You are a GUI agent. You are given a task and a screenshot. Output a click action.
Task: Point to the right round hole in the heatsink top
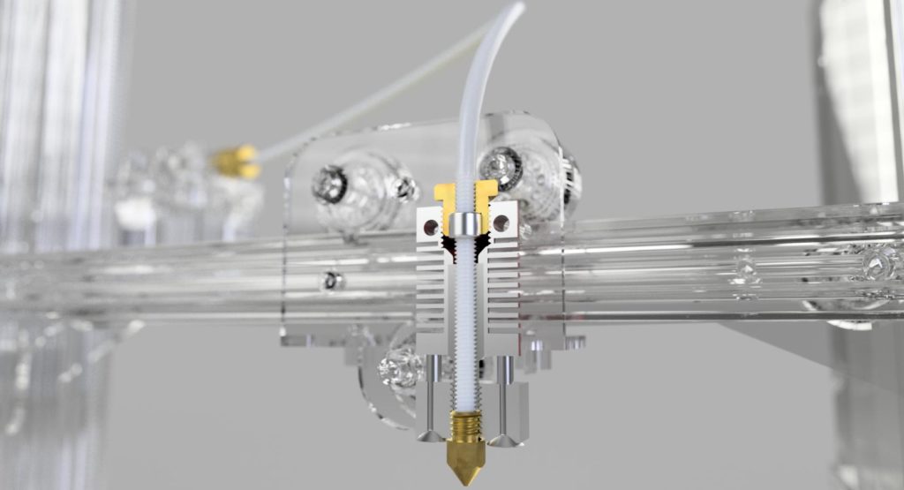tap(501, 225)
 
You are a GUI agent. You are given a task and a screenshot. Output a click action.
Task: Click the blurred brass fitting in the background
tap(236, 161)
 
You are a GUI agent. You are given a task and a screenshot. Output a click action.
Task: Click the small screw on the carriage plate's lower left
tap(332, 281)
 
